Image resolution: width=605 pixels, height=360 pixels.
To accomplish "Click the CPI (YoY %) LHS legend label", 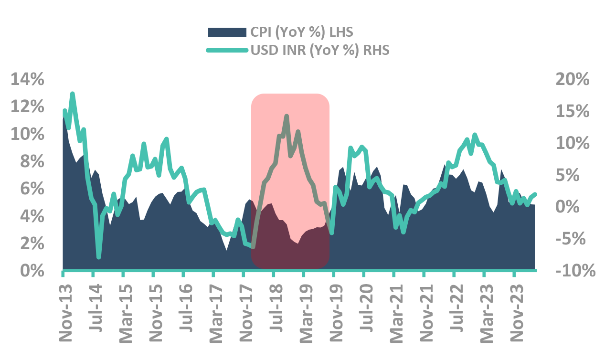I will click(x=301, y=32).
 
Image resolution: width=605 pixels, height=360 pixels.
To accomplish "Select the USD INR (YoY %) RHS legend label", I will click(x=320, y=50).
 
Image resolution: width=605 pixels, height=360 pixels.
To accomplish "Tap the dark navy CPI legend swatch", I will click(x=226, y=32).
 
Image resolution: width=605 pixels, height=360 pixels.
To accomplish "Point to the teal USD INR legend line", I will click(x=226, y=50).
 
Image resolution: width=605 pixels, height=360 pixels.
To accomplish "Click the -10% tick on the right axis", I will click(x=574, y=271).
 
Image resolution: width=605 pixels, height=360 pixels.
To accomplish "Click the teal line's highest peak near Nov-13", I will click(x=73, y=94).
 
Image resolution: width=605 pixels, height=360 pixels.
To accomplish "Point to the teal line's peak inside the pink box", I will click(x=287, y=116).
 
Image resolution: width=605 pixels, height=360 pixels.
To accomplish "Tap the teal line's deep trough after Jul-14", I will click(x=99, y=257).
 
